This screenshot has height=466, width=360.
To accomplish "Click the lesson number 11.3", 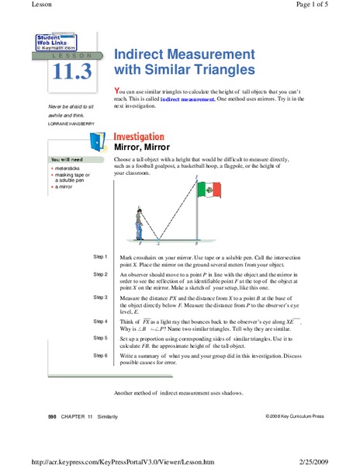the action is coord(72,72).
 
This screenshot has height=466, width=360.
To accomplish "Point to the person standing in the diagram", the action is coord(139,224).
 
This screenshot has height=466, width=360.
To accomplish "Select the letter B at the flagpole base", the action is coord(196,243).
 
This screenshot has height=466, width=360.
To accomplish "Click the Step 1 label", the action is coord(100,256).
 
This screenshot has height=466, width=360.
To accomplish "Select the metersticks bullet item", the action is coord(69,167).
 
